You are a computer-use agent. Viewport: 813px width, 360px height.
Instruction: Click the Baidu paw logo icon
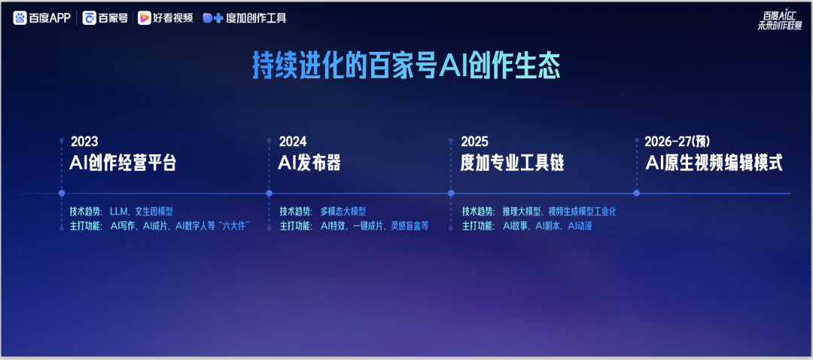[20, 18]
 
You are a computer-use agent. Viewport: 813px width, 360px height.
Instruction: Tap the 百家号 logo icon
[89, 18]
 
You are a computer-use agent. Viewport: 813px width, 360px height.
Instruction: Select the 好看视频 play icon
[144, 18]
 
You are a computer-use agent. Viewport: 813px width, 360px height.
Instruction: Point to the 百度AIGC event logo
[779, 23]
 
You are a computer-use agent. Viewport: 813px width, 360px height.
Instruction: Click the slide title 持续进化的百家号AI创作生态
[406, 66]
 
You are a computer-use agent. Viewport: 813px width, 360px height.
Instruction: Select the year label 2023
[84, 141]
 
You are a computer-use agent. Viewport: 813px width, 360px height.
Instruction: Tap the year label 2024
[292, 141]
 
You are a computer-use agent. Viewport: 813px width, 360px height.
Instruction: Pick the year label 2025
[474, 141]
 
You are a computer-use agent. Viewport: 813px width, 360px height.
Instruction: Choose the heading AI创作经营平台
[123, 163]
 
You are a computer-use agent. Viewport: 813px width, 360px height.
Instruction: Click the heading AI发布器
[309, 163]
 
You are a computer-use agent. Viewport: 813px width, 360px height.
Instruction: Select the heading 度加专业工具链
[513, 163]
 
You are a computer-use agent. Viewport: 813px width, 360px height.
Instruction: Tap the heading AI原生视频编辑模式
[714, 163]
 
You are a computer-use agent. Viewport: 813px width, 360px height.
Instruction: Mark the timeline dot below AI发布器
[269, 194]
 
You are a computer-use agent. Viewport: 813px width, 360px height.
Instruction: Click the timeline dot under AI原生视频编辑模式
[637, 194]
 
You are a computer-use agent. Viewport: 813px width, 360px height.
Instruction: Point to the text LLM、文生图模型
[142, 212]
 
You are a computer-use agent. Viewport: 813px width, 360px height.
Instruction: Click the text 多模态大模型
[343, 212]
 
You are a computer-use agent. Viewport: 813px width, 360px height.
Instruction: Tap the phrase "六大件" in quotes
[235, 226]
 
